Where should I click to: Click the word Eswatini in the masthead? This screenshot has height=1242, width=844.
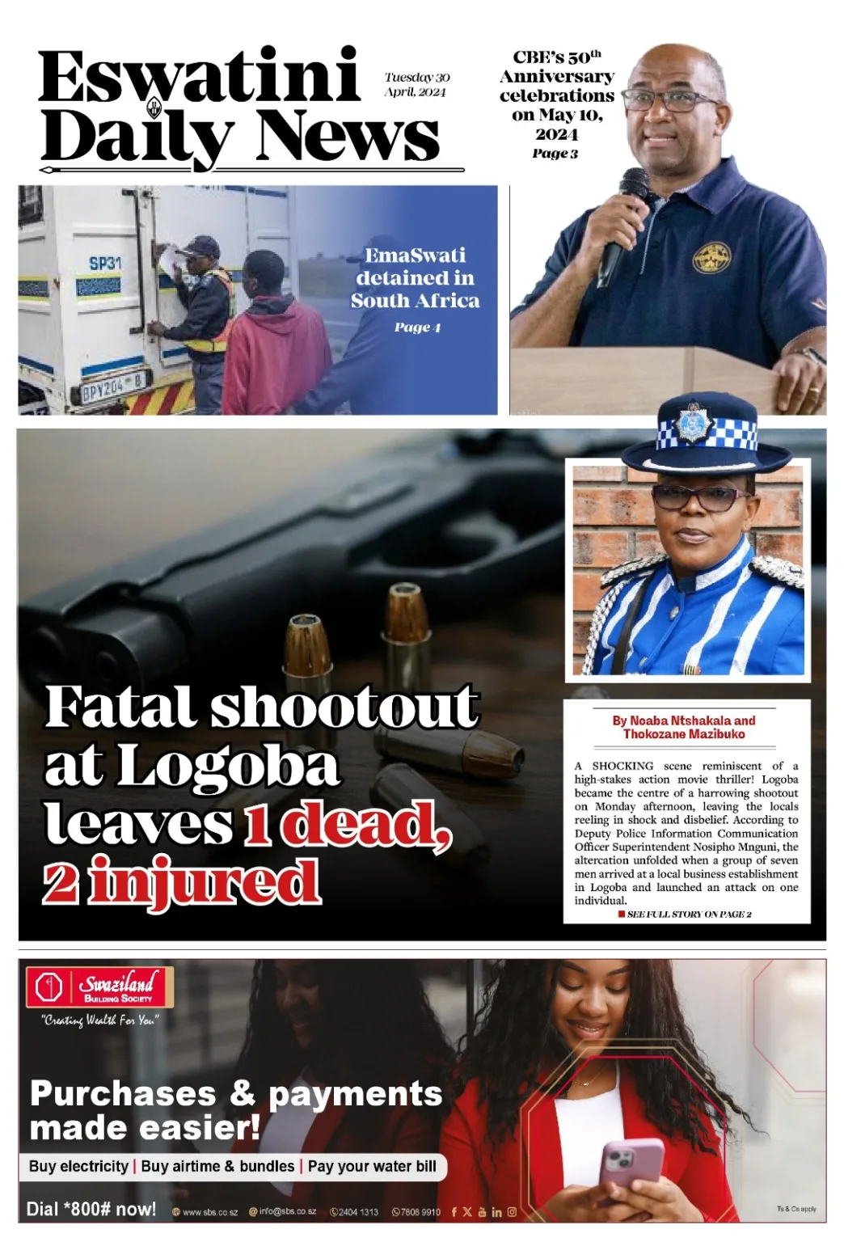[198, 77]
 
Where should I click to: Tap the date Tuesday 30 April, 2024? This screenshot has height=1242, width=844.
[416, 84]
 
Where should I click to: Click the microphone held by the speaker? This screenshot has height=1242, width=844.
[623, 218]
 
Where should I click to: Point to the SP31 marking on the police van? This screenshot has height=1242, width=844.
[105, 263]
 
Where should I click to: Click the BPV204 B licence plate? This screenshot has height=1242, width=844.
[113, 393]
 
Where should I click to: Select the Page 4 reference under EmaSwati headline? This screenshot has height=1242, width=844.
[417, 327]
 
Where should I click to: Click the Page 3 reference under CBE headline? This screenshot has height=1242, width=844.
[555, 154]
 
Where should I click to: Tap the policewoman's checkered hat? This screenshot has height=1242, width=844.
[699, 437]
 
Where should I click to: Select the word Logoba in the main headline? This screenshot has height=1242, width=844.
[228, 765]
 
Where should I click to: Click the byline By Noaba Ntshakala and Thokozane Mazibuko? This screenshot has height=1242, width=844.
[684, 727]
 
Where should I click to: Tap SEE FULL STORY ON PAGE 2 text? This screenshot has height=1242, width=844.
[689, 914]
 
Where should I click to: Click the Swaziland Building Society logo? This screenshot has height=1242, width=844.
[100, 987]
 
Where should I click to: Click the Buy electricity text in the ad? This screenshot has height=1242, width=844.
[78, 1166]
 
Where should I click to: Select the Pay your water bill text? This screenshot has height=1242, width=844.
[372, 1166]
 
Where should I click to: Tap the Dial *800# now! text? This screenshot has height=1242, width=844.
[91, 1209]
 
